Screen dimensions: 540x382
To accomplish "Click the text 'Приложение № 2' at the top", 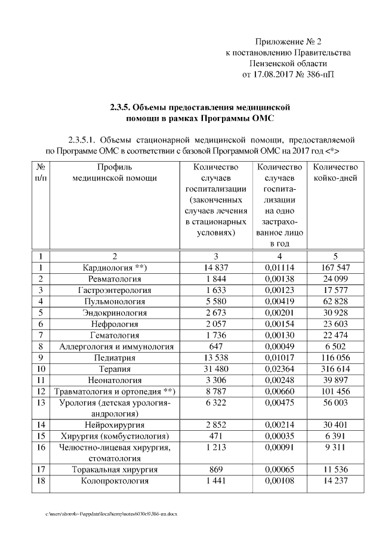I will pos(288,42).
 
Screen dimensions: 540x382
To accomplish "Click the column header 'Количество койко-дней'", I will pos(335,172).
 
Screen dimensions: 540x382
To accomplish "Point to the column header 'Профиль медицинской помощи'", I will pos(115,172).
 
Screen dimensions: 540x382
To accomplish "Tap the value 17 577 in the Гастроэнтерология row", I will pos(335,290).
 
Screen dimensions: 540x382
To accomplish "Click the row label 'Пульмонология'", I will pos(115,301).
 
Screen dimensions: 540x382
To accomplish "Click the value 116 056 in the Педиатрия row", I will pos(335,358).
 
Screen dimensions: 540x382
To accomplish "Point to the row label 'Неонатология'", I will pos(115,381).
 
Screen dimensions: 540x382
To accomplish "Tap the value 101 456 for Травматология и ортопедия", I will pos(335,392).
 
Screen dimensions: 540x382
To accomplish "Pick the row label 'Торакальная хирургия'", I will pos(115,470).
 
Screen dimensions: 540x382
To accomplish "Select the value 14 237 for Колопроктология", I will pos(335,482).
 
